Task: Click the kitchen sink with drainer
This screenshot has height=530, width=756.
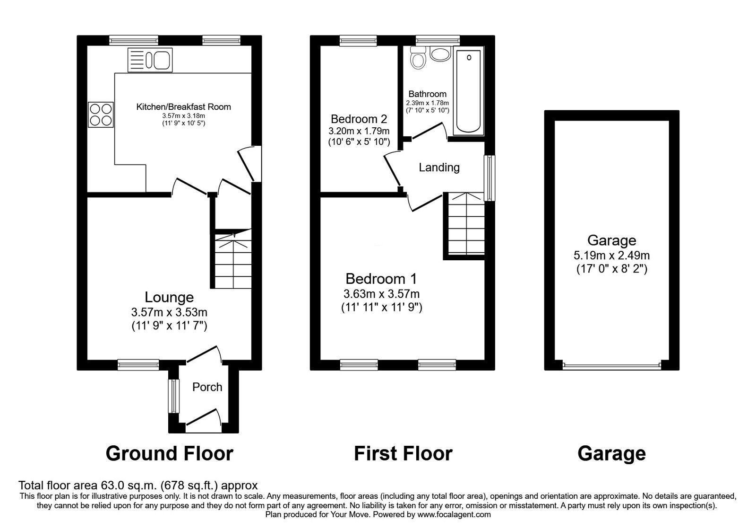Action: coord(150,60)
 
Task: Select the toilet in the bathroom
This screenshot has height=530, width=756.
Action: coord(418,58)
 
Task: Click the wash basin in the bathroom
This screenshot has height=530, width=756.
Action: coord(440,54)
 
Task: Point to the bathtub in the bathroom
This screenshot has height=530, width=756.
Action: coord(469,90)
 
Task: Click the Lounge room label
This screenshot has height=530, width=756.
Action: coord(169,297)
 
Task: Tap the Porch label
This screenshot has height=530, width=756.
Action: coord(207,387)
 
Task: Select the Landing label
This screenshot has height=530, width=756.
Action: coord(439,168)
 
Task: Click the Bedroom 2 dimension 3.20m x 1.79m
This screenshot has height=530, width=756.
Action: coord(359,131)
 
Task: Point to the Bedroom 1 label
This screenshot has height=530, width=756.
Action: coord(381,279)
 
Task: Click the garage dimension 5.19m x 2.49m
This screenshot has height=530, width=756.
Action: coord(611,255)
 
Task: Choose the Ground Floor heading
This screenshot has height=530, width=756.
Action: coord(170,454)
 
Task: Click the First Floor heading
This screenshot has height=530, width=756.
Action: coord(403,454)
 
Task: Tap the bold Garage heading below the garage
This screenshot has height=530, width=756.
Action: coord(611,454)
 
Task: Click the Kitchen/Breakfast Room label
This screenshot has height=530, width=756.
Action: coord(184,107)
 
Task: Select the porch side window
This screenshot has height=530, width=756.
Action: coord(174,396)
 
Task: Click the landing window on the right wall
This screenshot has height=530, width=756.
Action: coord(490,178)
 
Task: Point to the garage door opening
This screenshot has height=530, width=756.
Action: coord(611,366)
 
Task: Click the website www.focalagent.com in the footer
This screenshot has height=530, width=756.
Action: coord(454,515)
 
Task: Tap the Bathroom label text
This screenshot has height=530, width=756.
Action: coord(427,94)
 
